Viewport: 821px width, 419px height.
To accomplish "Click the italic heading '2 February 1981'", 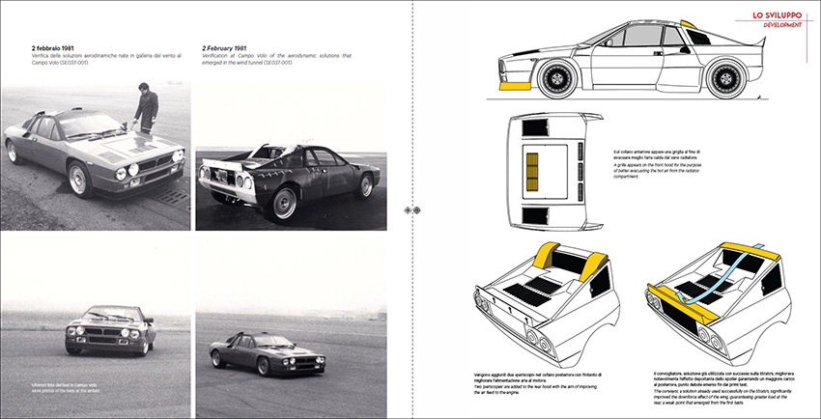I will click(x=231, y=47).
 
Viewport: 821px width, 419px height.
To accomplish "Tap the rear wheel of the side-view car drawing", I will click(x=726, y=78).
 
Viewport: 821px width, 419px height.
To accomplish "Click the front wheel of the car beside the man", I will click(x=80, y=179).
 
